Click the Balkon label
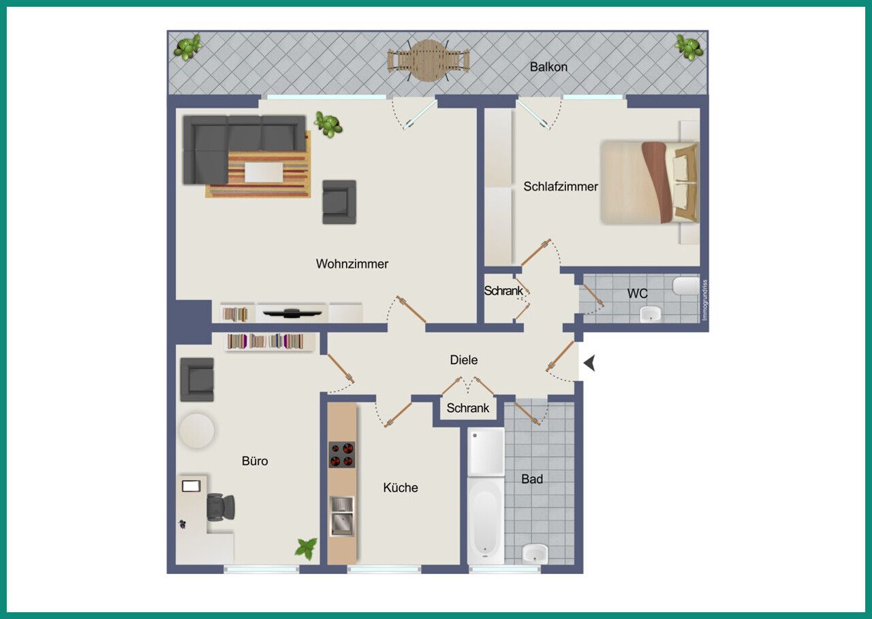(x=548, y=67)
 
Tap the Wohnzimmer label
(x=352, y=264)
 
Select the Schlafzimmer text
(x=561, y=187)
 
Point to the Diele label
(x=464, y=360)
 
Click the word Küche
(x=400, y=488)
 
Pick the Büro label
(x=255, y=461)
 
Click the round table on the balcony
(x=429, y=61)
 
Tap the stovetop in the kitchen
(x=342, y=454)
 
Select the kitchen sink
(x=342, y=516)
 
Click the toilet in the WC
(x=686, y=286)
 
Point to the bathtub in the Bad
(x=485, y=520)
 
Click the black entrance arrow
(x=589, y=363)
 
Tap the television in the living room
(x=292, y=313)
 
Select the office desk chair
(x=220, y=507)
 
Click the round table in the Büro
(x=197, y=430)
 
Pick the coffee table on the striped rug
(x=264, y=172)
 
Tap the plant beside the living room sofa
(x=328, y=125)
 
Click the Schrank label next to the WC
(x=503, y=291)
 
